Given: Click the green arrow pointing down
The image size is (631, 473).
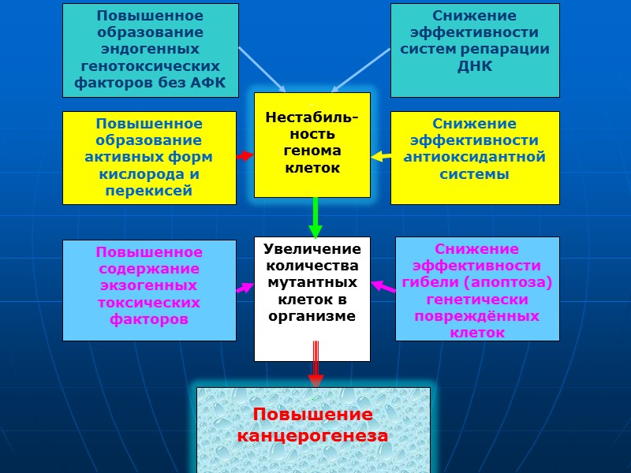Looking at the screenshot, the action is [x=315, y=217].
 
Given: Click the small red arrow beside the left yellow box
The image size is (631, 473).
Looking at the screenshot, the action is [x=245, y=156].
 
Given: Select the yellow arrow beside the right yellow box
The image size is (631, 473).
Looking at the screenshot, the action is [x=381, y=156].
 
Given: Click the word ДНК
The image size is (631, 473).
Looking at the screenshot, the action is [x=475, y=66].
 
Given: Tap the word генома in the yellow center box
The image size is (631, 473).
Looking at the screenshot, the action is [x=312, y=151].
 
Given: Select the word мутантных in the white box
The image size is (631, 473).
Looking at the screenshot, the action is [x=312, y=282].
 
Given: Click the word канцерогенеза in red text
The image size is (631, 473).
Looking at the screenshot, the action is [x=313, y=435].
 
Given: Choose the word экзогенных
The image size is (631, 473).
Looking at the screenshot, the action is [x=149, y=285].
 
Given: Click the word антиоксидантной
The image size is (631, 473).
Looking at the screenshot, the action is [x=475, y=157].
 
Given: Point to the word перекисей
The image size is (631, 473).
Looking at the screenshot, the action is [x=149, y=192].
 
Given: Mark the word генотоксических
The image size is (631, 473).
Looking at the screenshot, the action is [x=149, y=65].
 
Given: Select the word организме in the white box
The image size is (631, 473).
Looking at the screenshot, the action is [x=312, y=316].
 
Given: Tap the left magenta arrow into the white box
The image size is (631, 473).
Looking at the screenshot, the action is [x=245, y=289].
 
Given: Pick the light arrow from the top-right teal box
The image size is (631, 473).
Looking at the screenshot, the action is [x=360, y=70].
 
